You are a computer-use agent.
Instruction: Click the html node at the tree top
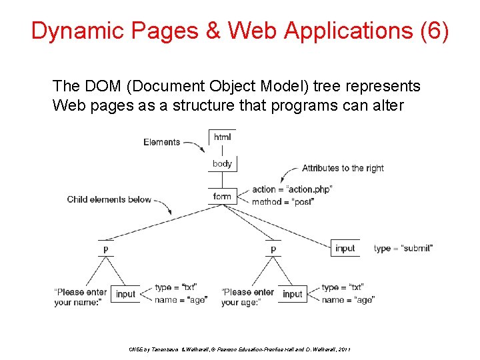[222, 137]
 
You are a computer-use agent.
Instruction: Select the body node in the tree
[222, 163]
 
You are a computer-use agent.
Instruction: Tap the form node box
[222, 196]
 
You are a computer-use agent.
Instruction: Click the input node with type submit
[345, 248]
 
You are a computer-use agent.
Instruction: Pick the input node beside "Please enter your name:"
[125, 293]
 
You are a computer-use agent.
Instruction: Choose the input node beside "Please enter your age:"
[292, 293]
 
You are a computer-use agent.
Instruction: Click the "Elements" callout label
[161, 142]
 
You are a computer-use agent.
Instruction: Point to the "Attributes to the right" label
[343, 168]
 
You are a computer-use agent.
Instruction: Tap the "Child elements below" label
[109, 199]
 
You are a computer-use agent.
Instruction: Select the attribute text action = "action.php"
[292, 189]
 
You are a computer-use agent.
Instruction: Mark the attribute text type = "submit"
[403, 248]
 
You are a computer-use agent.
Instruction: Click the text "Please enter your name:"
[80, 297]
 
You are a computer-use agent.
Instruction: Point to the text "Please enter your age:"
[247, 297]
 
